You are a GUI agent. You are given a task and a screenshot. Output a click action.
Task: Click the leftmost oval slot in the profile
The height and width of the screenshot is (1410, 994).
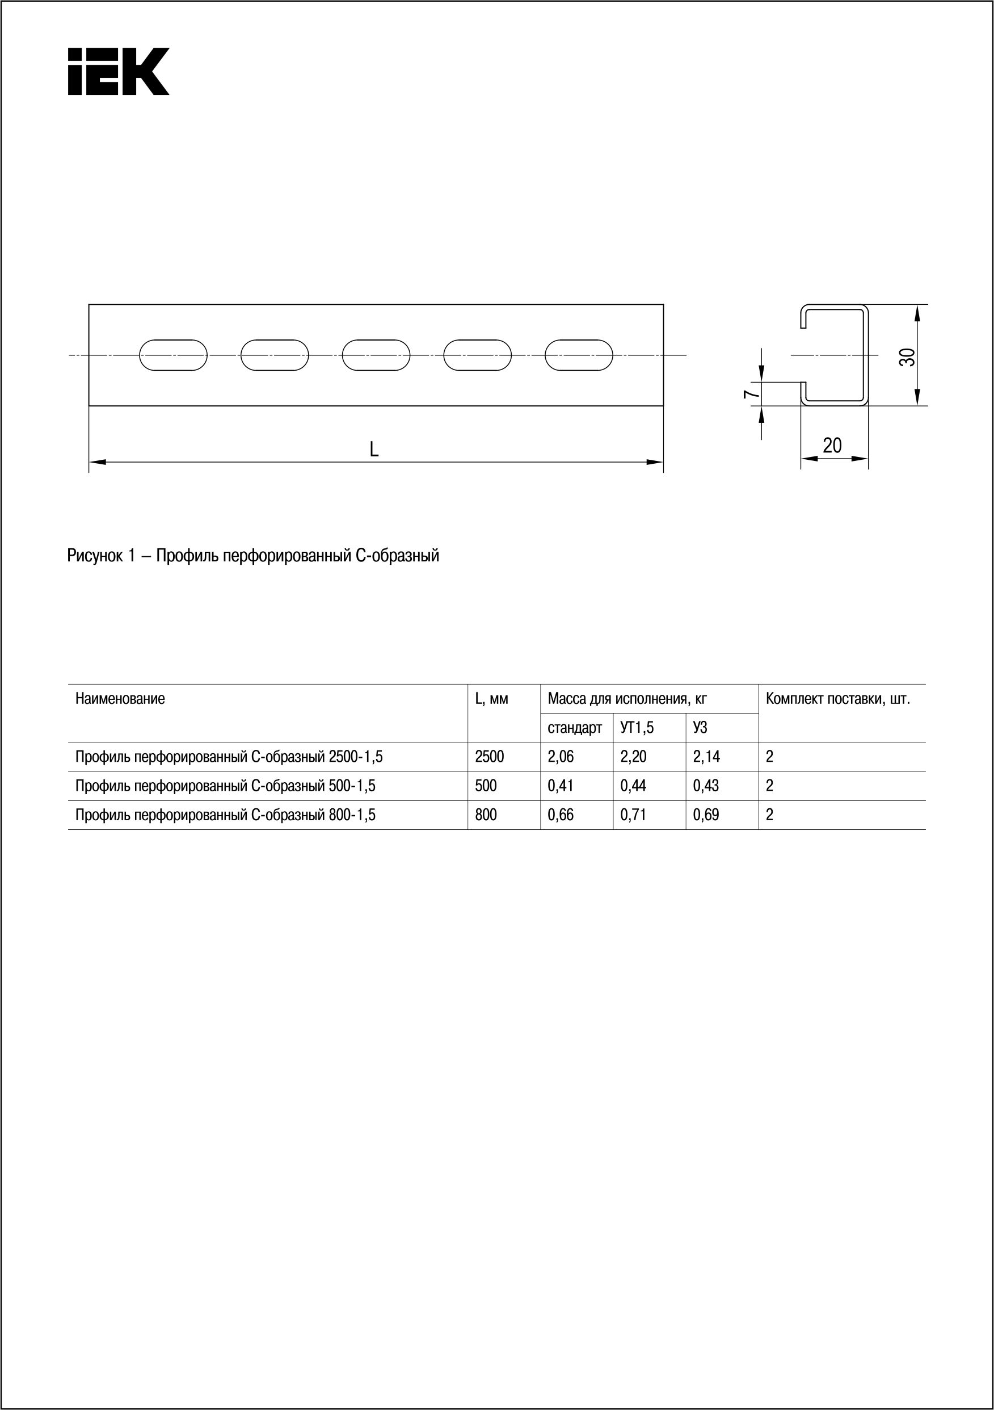[173, 355]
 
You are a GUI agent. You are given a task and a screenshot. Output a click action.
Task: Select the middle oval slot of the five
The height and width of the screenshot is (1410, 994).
[376, 355]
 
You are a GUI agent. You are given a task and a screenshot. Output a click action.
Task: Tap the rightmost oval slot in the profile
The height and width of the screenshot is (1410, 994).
[578, 355]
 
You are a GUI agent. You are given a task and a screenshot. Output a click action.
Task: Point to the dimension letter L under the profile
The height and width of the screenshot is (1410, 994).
[374, 450]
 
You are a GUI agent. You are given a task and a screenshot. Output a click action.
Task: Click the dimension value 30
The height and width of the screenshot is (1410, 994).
[907, 357]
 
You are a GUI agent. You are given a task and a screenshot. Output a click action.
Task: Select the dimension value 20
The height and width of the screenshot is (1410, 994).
[832, 444]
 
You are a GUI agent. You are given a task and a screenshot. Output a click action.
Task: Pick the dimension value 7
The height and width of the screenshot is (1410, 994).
[748, 393]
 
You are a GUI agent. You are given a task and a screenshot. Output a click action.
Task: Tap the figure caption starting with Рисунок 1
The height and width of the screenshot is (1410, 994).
[253, 556]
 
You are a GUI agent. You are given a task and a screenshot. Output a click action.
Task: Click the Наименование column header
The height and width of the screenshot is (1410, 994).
[120, 699]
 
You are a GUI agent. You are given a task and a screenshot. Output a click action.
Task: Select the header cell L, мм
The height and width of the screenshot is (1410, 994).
[491, 699]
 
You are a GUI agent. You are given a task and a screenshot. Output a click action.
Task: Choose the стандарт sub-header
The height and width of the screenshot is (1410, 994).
[575, 728]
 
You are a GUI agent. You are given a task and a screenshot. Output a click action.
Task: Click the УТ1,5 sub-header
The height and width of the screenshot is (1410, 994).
[637, 728]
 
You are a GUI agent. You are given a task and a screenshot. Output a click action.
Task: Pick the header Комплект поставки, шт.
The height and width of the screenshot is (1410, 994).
[838, 699]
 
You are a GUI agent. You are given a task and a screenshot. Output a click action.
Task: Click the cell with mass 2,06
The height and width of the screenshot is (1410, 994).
[561, 757]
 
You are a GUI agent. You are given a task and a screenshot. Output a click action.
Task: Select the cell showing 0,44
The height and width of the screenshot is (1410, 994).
[633, 786]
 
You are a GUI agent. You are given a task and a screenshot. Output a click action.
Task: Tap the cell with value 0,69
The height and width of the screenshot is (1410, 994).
[706, 815]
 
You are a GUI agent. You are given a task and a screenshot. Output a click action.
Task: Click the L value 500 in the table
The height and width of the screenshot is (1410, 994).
[486, 786]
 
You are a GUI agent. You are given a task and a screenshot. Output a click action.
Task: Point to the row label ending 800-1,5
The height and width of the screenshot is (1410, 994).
[225, 815]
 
